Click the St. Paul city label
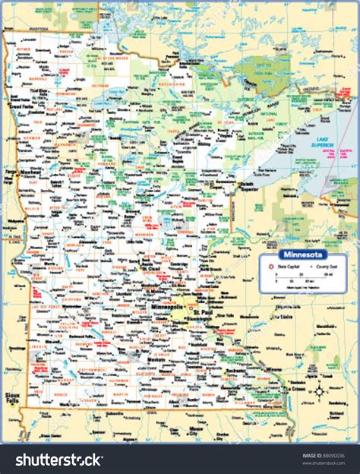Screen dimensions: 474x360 tap(204, 312)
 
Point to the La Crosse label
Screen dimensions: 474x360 tap(295, 388)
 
